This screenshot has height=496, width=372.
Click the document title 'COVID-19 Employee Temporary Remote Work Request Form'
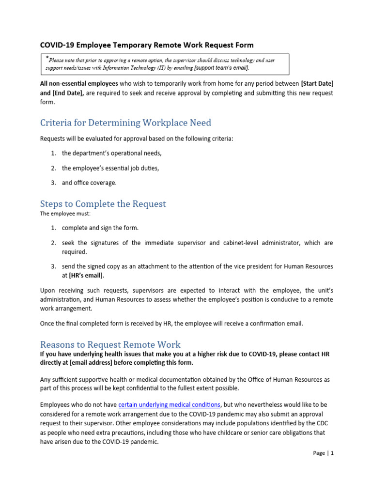tap(146, 45)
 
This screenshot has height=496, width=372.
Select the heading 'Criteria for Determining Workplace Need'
tap(125, 123)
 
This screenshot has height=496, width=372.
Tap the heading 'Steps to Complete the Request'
tap(103, 203)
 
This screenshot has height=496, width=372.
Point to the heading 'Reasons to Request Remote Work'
tap(110, 344)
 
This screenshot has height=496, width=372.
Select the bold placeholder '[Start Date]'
tap(317, 84)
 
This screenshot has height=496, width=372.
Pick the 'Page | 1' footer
tap(324, 453)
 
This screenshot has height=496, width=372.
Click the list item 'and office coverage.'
tap(89, 183)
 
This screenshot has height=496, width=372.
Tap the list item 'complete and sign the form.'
tap(100, 228)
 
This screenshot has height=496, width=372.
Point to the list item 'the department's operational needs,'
tap(111, 153)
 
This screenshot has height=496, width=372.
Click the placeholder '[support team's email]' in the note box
tap(221, 68)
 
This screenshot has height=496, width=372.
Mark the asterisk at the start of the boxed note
tap(47, 59)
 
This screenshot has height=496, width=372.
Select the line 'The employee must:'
tap(62, 214)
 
